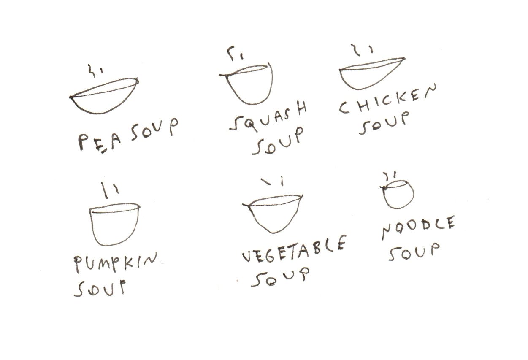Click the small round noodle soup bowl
click(398, 208)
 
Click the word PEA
click(100, 142)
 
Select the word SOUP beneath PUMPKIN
click(100, 289)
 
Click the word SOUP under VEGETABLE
click(280, 278)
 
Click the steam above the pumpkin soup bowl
click(110, 190)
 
